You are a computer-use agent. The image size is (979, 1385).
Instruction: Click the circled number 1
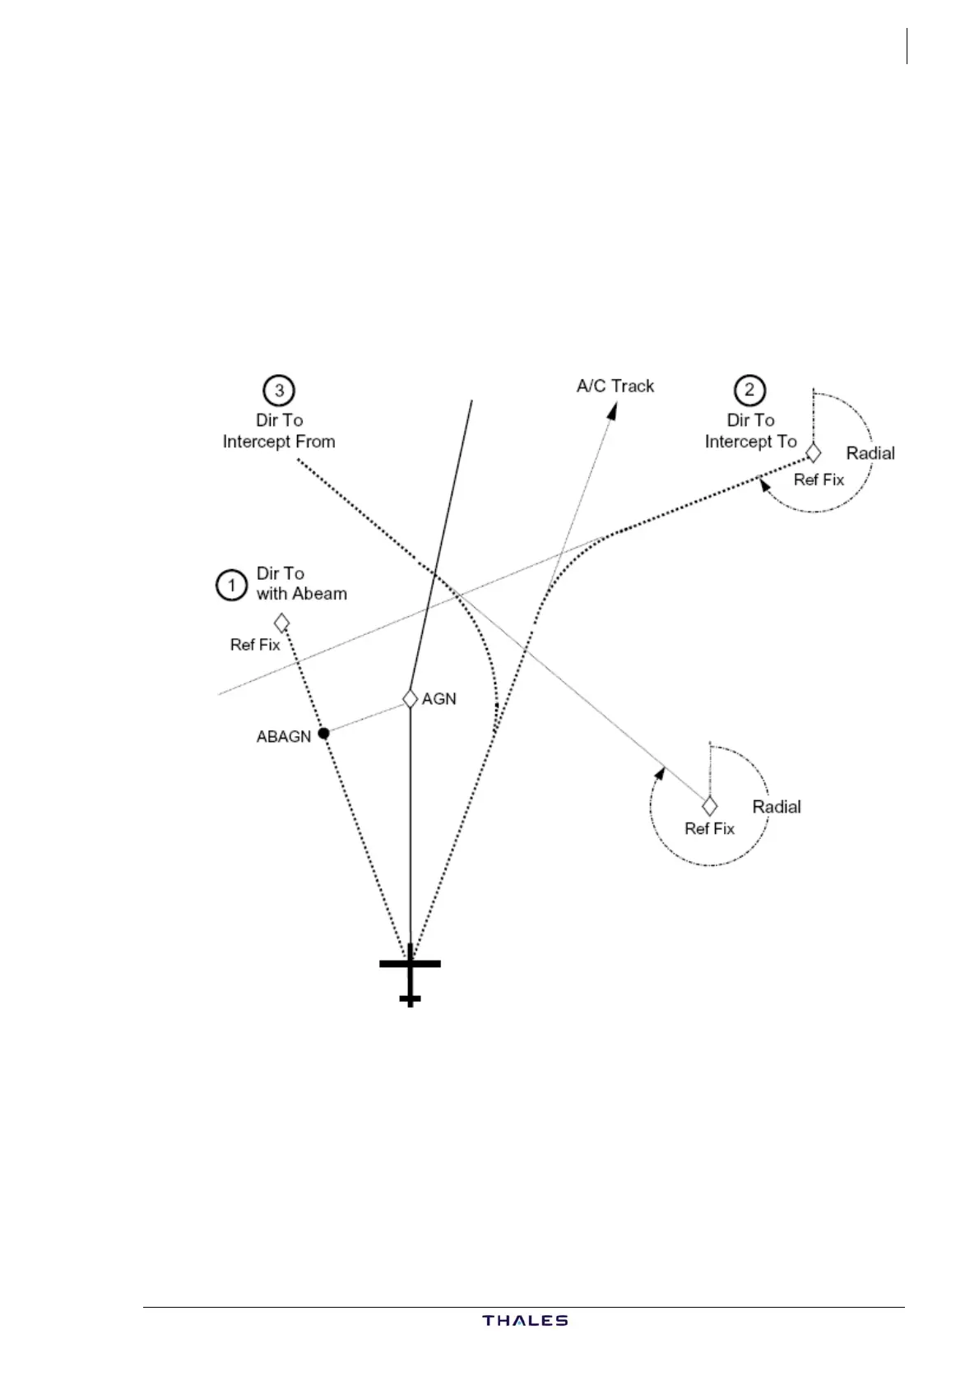[x=232, y=585]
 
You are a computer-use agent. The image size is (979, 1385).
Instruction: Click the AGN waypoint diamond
[x=410, y=698]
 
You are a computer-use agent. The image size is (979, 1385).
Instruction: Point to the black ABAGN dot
[x=324, y=732]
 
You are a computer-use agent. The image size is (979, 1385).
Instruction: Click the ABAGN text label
[x=284, y=737]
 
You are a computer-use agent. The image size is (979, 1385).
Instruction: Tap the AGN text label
[x=439, y=699]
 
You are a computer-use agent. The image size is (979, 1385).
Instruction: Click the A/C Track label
[x=615, y=386]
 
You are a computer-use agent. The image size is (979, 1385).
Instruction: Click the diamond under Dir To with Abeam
[x=281, y=622]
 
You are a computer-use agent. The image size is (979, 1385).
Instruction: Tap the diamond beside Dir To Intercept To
[x=813, y=452]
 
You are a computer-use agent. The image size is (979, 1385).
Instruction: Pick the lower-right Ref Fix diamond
[x=709, y=805]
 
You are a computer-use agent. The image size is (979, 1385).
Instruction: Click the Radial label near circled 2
[x=870, y=453]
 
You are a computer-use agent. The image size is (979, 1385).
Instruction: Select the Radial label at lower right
[x=777, y=807]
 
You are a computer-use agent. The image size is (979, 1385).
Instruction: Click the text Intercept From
[x=279, y=442]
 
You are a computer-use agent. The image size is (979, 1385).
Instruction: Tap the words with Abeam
[x=302, y=594]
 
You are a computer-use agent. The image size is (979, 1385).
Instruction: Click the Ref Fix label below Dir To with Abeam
[x=255, y=645]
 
